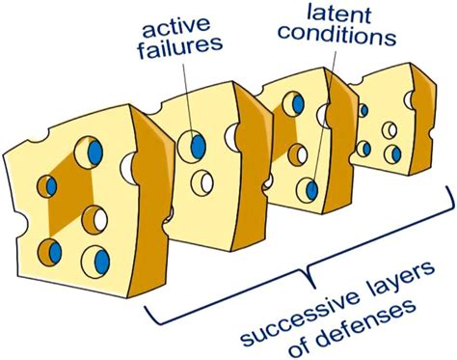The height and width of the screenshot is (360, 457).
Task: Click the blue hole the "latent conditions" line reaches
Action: click(x=308, y=188)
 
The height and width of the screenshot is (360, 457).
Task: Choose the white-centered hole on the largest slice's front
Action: click(x=94, y=218)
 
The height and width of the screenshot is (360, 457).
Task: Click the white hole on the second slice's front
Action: click(x=203, y=180)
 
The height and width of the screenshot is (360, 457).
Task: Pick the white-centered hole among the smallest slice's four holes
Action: click(x=390, y=129)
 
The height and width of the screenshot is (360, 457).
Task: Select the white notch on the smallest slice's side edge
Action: click(x=412, y=98)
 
